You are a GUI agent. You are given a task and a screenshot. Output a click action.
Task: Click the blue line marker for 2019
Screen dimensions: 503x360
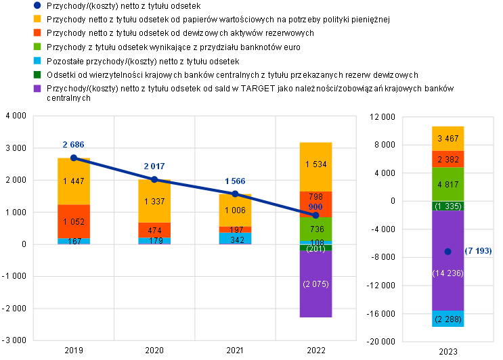point(74,158)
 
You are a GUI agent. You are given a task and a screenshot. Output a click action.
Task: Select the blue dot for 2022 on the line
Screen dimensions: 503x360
point(315,215)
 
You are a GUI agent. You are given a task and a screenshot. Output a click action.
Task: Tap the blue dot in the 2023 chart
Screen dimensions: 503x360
point(447,252)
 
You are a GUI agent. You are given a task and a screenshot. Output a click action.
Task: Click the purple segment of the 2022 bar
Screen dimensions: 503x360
point(315,284)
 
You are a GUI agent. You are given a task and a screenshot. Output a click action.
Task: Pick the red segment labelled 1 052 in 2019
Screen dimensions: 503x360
point(74,221)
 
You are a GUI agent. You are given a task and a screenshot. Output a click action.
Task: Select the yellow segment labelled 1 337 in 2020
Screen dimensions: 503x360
point(154,201)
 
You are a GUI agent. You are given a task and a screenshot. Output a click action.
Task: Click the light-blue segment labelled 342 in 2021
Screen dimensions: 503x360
point(235,238)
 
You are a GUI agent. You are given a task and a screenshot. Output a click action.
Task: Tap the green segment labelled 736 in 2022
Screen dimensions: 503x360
point(315,229)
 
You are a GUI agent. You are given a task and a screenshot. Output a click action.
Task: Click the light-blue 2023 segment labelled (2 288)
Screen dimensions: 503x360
point(447,319)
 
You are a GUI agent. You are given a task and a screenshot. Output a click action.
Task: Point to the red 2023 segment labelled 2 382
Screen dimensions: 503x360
point(447,159)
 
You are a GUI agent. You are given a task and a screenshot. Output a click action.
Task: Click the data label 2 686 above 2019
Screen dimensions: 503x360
point(74,145)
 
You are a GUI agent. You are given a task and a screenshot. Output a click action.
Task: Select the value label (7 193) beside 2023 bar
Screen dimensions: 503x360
point(478,250)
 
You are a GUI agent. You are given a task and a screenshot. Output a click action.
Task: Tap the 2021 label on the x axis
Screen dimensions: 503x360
point(235,350)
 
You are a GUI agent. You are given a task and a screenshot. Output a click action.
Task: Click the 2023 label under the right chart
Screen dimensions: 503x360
point(447,352)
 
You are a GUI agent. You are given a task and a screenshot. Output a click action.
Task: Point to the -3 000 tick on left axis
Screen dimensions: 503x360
point(14,340)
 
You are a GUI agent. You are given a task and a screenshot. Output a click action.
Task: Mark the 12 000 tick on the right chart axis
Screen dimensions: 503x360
point(382,116)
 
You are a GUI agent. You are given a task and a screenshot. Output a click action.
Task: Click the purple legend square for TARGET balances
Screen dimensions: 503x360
point(37,89)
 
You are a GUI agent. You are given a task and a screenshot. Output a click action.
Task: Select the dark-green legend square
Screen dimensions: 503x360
point(37,74)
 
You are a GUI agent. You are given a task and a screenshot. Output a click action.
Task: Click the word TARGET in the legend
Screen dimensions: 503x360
point(258,89)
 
